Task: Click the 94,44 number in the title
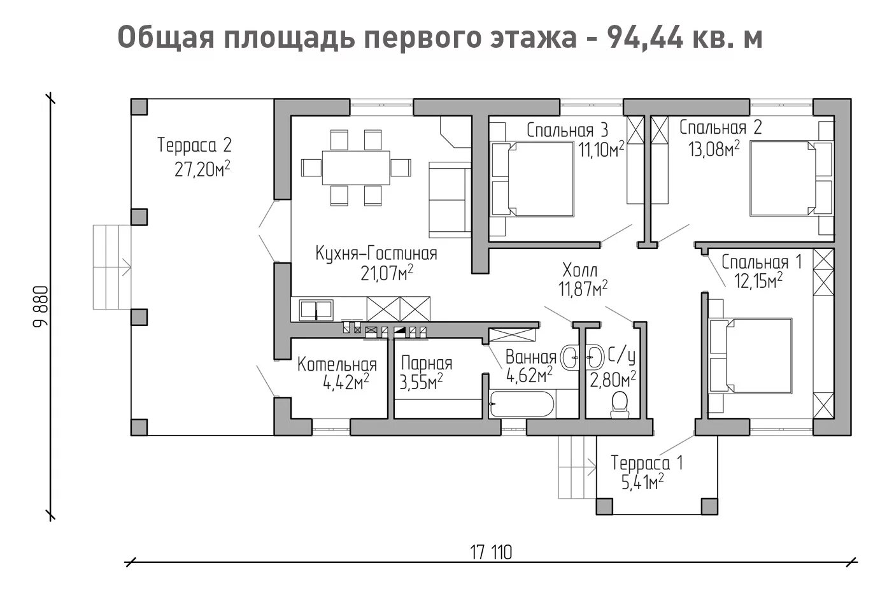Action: [x=645, y=38]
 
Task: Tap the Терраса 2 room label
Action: [x=194, y=145]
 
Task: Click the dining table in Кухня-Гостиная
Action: [x=355, y=167]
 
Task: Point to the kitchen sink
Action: [x=316, y=310]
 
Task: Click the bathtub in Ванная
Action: [x=522, y=404]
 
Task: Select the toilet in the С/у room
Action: [x=620, y=404]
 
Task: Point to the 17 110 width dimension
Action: [x=491, y=552]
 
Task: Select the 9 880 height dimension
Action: [x=41, y=306]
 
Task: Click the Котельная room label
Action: [x=337, y=364]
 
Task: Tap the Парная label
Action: [x=427, y=363]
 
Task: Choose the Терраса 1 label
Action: [x=647, y=463]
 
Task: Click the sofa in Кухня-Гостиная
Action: [x=450, y=199]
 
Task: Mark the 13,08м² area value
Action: [x=714, y=149]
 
